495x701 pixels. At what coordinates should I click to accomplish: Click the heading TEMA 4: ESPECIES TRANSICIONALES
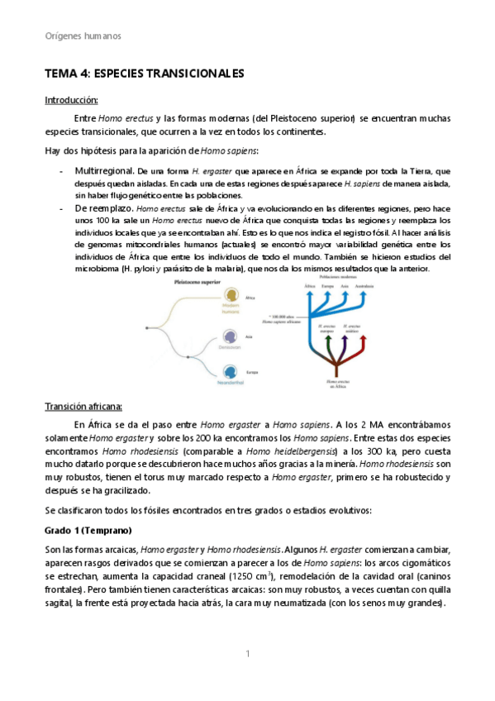point(144,74)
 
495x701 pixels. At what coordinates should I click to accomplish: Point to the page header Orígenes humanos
point(82,36)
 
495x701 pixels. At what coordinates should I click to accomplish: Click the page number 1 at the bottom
point(247,655)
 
